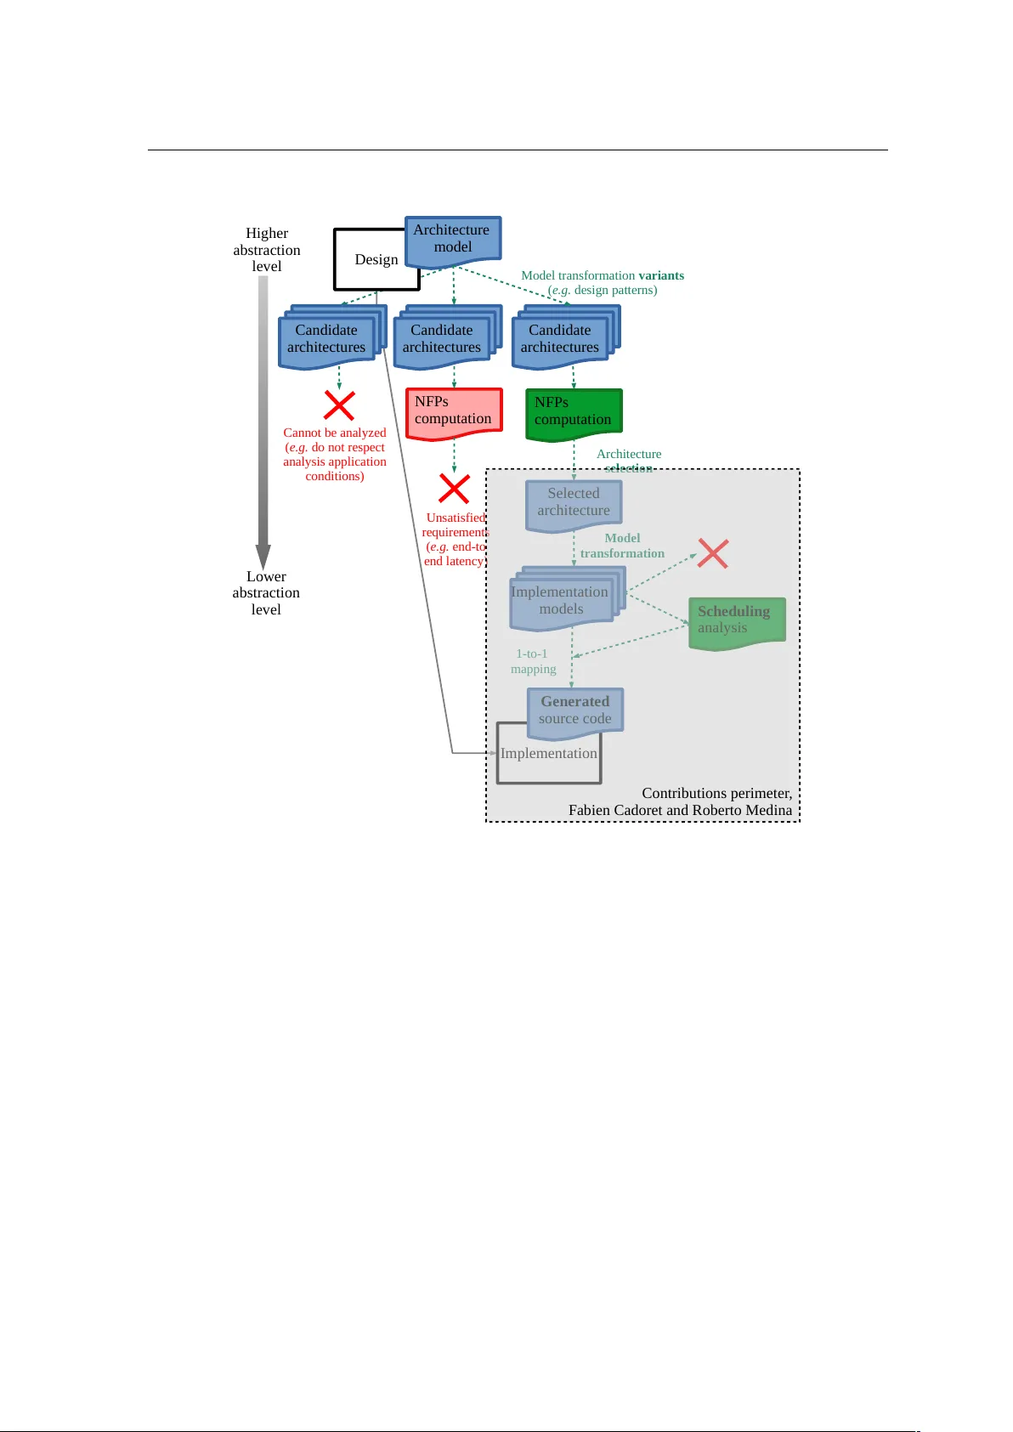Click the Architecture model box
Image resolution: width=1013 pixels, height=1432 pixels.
click(452, 239)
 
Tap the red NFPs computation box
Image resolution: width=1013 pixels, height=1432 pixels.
click(454, 411)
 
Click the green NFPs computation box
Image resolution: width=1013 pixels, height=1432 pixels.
click(574, 413)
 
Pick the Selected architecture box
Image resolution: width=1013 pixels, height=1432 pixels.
click(574, 503)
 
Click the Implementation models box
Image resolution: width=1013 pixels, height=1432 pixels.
click(561, 602)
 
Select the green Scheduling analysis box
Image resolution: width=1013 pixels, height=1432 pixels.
click(736, 621)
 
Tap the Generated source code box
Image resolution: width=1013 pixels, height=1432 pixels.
click(575, 710)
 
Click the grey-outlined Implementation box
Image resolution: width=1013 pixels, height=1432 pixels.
click(548, 756)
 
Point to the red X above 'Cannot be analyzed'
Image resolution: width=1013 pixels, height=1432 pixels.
click(339, 405)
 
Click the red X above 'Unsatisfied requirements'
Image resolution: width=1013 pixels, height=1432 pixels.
click(454, 489)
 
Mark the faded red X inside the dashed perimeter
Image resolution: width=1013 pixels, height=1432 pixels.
click(712, 553)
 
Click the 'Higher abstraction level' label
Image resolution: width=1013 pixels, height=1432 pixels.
click(267, 250)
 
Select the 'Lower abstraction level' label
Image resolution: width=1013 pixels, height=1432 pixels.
click(266, 593)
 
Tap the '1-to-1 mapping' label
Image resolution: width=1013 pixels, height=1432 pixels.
click(533, 661)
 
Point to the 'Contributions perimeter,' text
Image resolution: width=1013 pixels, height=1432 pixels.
click(716, 794)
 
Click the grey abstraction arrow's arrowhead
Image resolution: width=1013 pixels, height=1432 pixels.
click(263, 557)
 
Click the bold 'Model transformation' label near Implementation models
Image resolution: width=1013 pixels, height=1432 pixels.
click(622, 546)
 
